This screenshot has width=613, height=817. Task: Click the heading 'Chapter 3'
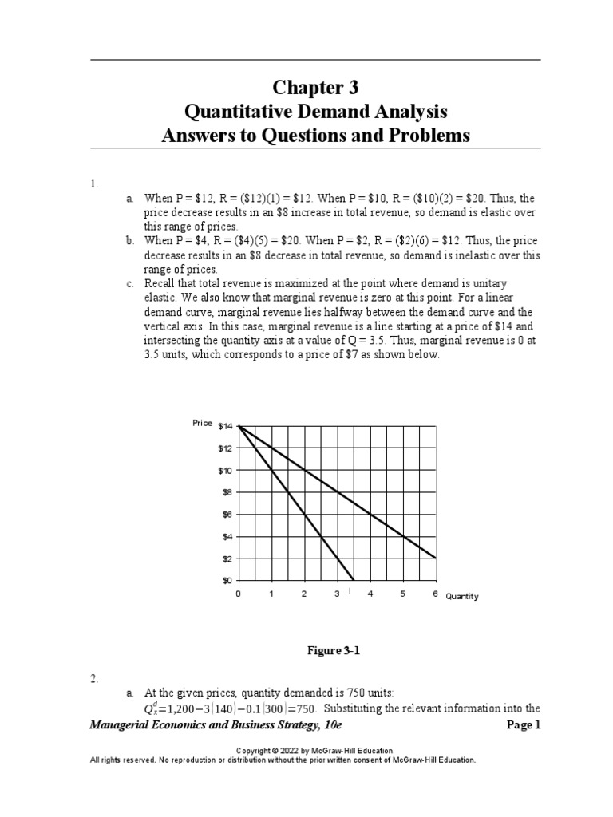coord(315,87)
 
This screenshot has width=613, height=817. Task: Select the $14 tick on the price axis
coord(224,427)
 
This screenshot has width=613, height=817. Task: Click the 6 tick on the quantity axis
coord(436,594)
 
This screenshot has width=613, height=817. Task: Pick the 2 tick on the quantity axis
coord(304,594)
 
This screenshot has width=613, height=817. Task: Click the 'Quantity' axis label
coord(462,597)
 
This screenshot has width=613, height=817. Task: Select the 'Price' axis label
coord(202,423)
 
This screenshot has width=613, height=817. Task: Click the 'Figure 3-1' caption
coord(334,651)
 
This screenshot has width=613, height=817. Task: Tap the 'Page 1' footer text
coord(524,725)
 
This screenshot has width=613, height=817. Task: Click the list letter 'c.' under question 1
coord(129,284)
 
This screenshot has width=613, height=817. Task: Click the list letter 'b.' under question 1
coord(129,240)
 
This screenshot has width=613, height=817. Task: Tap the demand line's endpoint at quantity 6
coord(436,558)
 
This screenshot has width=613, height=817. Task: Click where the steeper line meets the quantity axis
coord(354,580)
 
